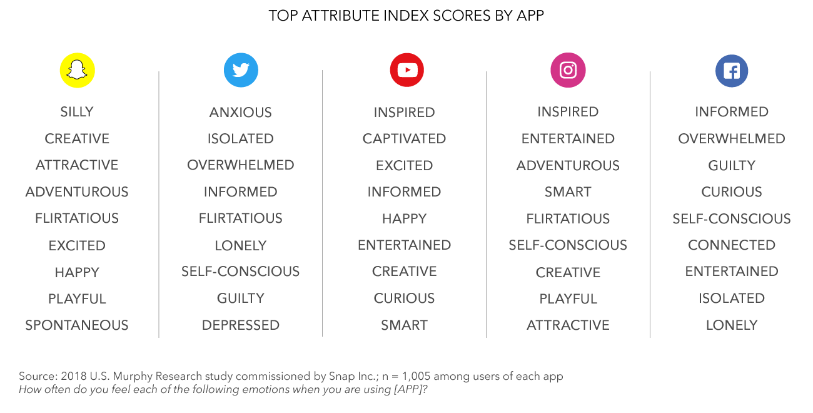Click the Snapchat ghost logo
[77, 70]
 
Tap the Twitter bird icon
[241, 70]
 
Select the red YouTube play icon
[406, 69]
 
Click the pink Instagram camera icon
[568, 70]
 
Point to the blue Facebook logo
[731, 70]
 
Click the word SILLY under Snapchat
[77, 112]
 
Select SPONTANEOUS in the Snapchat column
[77, 325]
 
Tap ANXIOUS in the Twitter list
[241, 113]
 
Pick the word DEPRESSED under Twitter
[241, 325]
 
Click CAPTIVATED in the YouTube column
[404, 139]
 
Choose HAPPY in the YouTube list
[404, 219]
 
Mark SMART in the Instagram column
[568, 192]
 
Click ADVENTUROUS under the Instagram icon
[568, 166]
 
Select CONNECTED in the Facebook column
[732, 245]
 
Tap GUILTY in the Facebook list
[732, 166]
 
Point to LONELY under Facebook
[732, 325]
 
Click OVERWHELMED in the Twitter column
[241, 165]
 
